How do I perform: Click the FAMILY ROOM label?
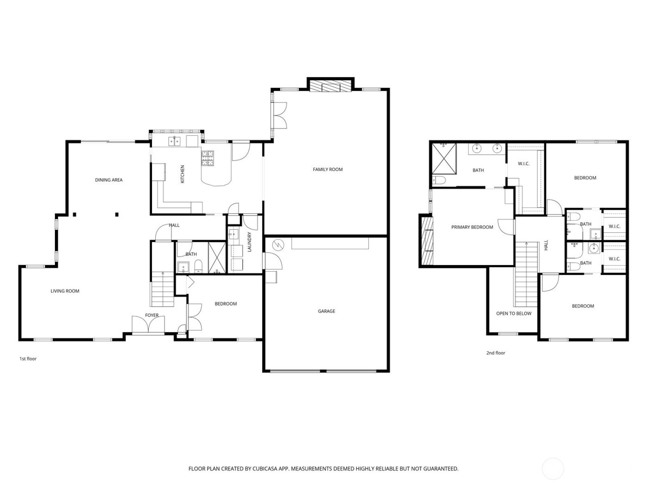(328, 170)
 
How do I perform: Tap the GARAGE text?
(326, 311)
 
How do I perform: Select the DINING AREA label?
(109, 180)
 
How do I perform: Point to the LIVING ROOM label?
(65, 291)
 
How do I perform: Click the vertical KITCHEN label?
(182, 174)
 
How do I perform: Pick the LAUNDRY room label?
(249, 242)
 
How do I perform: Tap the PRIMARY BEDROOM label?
(472, 227)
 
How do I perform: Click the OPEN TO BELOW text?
(513, 314)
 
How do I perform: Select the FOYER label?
(152, 315)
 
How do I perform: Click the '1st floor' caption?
(28, 358)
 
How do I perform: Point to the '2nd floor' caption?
(495, 353)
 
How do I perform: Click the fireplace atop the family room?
(330, 87)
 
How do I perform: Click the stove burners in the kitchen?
(208, 158)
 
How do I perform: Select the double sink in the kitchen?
(174, 141)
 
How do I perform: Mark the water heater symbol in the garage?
(277, 245)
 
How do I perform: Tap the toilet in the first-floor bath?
(198, 266)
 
